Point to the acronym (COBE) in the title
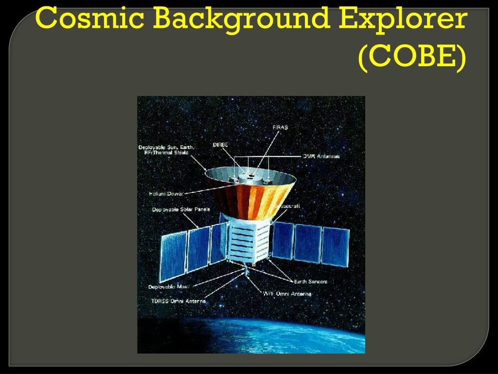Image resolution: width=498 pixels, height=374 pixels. pyautogui.click(x=412, y=57)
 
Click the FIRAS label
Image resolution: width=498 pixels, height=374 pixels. pyautogui.click(x=280, y=127)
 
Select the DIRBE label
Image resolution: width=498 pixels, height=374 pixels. pyautogui.click(x=220, y=145)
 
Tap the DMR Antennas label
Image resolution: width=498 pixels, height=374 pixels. pyautogui.click(x=321, y=156)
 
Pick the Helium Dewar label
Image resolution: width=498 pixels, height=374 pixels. pyautogui.click(x=167, y=194)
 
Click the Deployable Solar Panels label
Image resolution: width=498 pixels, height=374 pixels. pyautogui.click(x=181, y=209)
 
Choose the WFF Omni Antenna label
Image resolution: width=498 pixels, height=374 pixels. pyautogui.click(x=287, y=294)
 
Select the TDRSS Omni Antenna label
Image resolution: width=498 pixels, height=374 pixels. pyautogui.click(x=178, y=301)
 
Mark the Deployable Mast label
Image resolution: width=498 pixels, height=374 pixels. pyautogui.click(x=168, y=287)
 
